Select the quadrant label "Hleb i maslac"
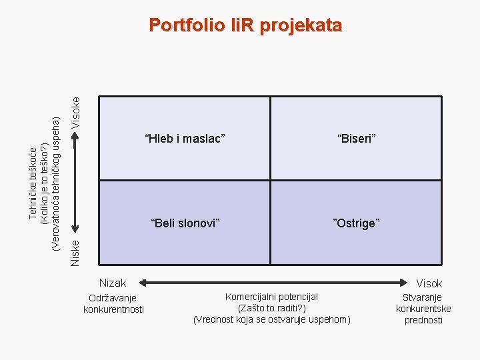click(x=185, y=139)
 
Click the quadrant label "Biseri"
click(x=357, y=139)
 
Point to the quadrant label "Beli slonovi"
click(x=185, y=223)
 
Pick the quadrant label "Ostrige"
click(x=357, y=223)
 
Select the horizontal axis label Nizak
click(x=113, y=283)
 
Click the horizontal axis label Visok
click(x=429, y=283)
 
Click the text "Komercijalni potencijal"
click(x=271, y=297)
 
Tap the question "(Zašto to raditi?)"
click(x=271, y=308)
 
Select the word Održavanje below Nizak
click(x=113, y=297)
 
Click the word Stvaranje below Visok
click(x=423, y=297)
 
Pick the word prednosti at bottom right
click(x=423, y=320)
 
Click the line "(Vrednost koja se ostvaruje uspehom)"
click(x=271, y=319)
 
